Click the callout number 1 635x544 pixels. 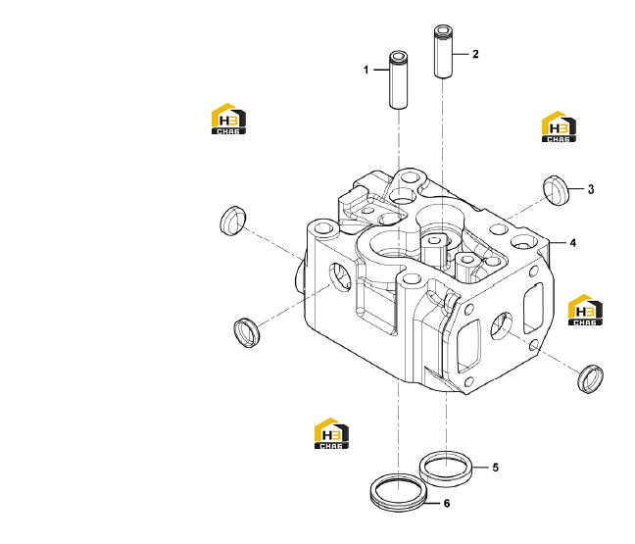pos(366,70)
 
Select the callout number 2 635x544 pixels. pos(475,54)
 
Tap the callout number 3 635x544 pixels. pos(591,189)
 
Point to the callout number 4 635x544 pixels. pos(572,243)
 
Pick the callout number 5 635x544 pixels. pos(495,468)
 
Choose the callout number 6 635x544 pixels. pos(447,503)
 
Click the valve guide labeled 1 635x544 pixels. pos(399,79)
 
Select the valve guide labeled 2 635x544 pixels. pos(443,51)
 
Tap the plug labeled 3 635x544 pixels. pos(556,191)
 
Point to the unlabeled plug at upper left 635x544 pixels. pos(233,221)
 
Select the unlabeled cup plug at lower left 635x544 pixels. pos(247,333)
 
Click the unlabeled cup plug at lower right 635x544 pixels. pos(590,378)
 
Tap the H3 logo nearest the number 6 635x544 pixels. pos(331,433)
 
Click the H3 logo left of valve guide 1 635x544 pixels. pos(228,119)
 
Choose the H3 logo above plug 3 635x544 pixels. pos(559,126)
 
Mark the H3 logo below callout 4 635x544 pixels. pos(585,310)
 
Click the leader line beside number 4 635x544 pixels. pos(557,243)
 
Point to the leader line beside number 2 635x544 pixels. pos(460,54)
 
